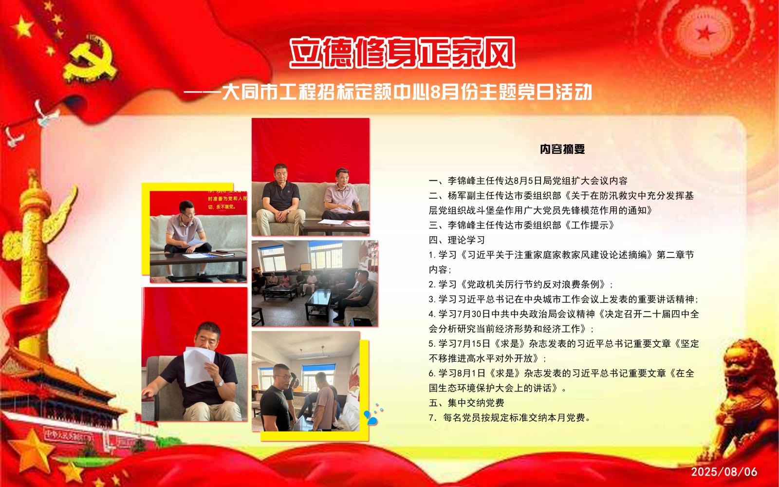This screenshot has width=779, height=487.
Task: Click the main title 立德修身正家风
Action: (x=402, y=53)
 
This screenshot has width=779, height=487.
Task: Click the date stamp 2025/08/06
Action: (x=724, y=472)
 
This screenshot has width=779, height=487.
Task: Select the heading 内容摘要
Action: (x=562, y=149)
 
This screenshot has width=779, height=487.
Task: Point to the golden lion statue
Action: (x=748, y=400)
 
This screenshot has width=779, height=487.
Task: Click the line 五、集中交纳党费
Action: (x=466, y=403)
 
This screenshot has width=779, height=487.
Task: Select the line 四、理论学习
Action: (x=457, y=240)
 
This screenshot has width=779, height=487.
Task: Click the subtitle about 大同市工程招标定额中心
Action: (x=388, y=92)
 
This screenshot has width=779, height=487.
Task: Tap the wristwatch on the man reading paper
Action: (x=220, y=383)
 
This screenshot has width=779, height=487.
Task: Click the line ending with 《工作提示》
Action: (x=521, y=225)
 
